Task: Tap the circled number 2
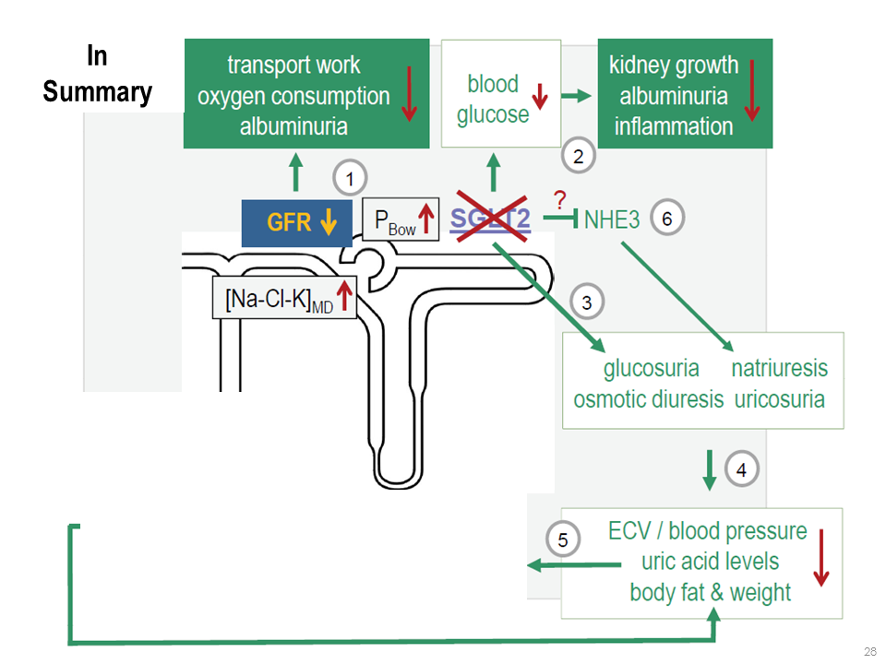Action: pos(579,156)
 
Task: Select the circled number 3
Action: pos(588,301)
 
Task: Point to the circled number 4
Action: pos(741,469)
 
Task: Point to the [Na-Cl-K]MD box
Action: pos(284,298)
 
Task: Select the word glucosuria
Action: pos(651,369)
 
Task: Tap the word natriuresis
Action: pos(780,369)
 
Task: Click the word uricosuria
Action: pos(780,400)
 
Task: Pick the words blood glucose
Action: pos(493,99)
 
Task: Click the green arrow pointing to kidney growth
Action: pos(577,96)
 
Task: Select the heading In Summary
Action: pos(97,75)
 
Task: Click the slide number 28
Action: pos(868,652)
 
